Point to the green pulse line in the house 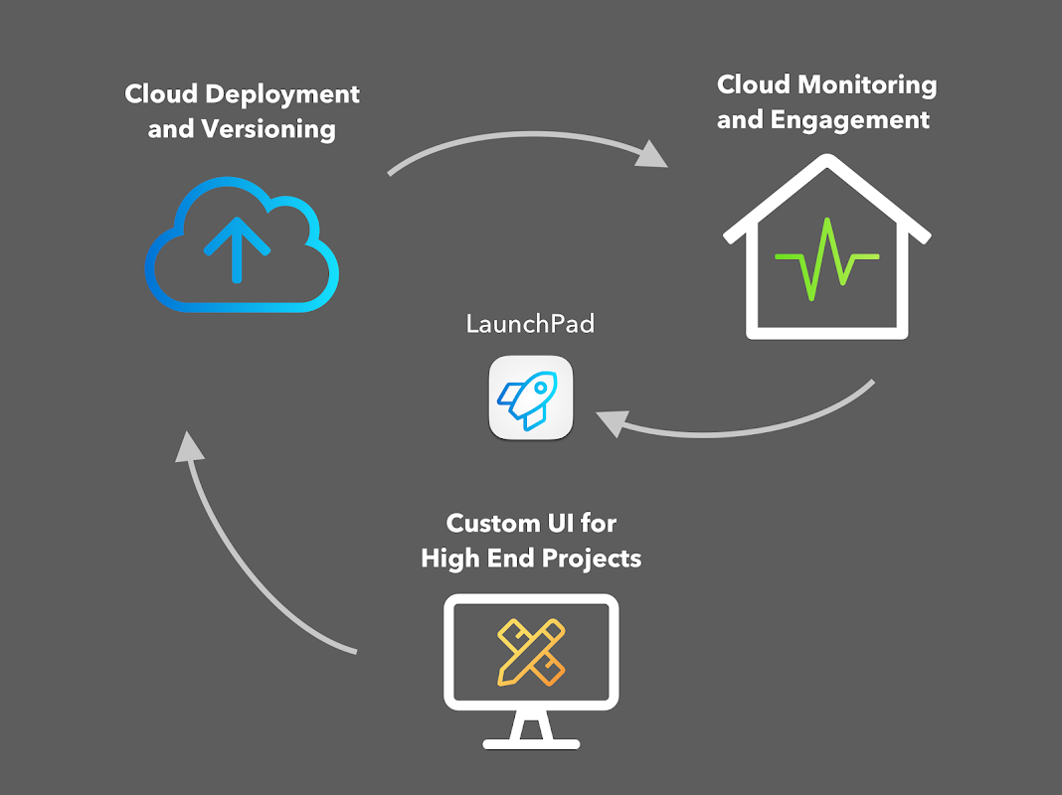click(x=827, y=261)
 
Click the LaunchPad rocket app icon click(x=531, y=397)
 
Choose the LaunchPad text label click(x=530, y=324)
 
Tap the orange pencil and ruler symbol click(x=530, y=651)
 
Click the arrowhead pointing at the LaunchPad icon click(x=609, y=422)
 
